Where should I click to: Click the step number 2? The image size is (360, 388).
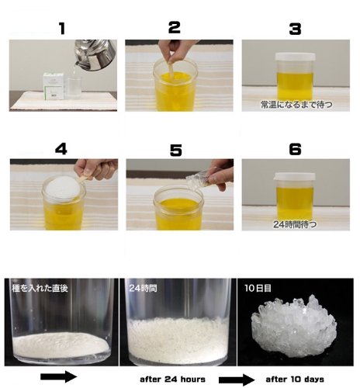pos(175,28)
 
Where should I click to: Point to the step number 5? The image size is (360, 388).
pos(175,149)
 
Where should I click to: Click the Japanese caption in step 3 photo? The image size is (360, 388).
pos(295,102)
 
